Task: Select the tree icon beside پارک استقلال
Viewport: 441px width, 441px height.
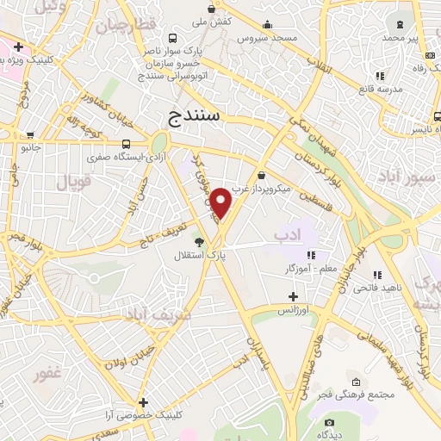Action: (x=199, y=242)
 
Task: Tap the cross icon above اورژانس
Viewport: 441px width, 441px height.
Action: (x=294, y=296)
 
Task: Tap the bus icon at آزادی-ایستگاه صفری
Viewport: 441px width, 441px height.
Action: (x=127, y=144)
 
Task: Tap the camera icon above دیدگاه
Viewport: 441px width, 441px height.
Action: (x=329, y=422)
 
